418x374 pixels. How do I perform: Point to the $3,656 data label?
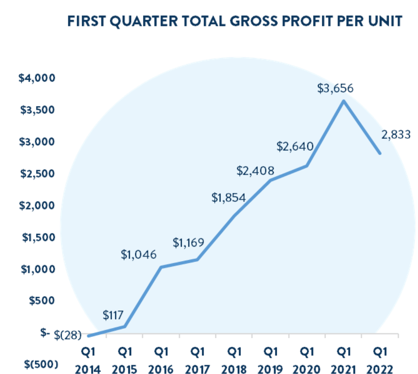(335, 88)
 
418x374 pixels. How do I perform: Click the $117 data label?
(113, 315)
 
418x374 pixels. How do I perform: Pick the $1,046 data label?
(138, 255)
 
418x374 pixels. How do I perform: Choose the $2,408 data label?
(255, 171)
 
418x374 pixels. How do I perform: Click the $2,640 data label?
(295, 146)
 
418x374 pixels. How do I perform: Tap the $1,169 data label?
(189, 242)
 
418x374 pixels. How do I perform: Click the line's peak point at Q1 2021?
(343, 101)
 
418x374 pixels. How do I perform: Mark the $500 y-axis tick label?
(42, 301)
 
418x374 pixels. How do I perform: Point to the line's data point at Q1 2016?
(161, 267)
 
